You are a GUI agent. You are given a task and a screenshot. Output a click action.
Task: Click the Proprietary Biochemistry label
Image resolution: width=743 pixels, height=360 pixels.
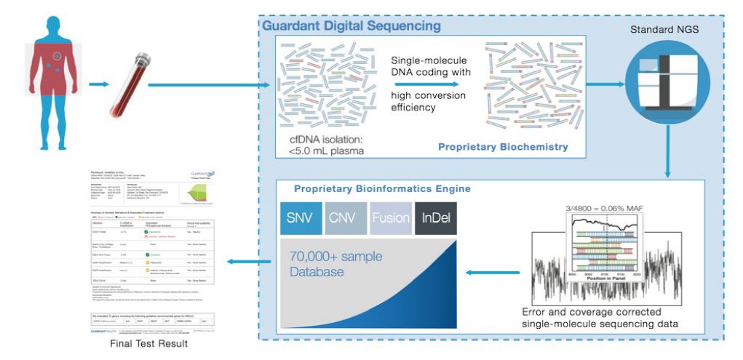pos(503,147)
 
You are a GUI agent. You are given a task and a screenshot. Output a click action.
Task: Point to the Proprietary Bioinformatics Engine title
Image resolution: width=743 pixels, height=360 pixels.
pos(382,188)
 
